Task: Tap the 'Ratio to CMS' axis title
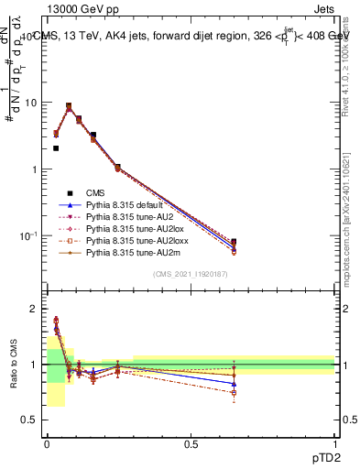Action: coord(13,365)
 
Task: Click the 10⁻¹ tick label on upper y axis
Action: coord(29,236)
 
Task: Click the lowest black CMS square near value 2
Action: coord(56,148)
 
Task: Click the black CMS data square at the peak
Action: coord(69,105)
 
